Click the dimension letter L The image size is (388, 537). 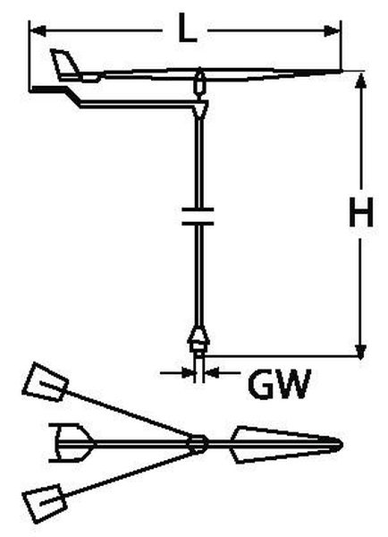tap(188, 28)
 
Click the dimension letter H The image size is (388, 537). tap(361, 212)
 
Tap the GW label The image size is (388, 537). tap(280, 384)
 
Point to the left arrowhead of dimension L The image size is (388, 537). tap(38, 30)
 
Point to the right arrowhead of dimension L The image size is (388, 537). tap(333, 31)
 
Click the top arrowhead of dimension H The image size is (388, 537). tap(360, 81)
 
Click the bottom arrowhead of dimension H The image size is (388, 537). tap(360, 352)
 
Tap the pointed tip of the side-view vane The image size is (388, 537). tap(341, 71)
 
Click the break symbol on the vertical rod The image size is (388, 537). tap(198, 216)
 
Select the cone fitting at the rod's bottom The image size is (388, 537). tap(198, 338)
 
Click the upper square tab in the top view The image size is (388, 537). tap(46, 382)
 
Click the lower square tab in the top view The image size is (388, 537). tap(45, 503)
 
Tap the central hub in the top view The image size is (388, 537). tap(198, 443)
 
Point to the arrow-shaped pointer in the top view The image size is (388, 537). tap(286, 444)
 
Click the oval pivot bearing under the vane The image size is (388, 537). tap(199, 82)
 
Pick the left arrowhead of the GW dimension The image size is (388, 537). tap(188, 372)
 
